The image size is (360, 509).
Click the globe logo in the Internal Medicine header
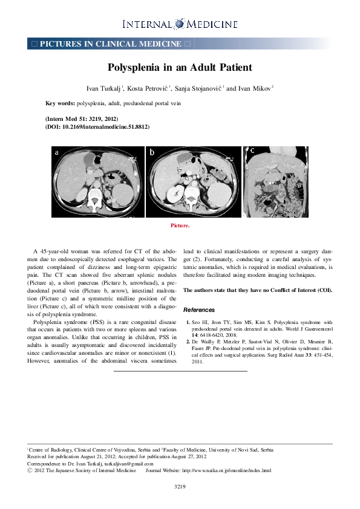[179, 24]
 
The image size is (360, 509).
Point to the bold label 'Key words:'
[59, 103]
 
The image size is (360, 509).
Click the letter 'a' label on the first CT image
[57, 152]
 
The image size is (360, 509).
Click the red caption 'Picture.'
[180, 225]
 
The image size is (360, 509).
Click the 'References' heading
[198, 310]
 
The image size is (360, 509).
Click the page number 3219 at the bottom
[180, 486]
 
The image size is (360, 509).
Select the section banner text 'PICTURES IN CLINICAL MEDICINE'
[111, 44]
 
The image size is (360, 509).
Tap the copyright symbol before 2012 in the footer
[30, 470]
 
